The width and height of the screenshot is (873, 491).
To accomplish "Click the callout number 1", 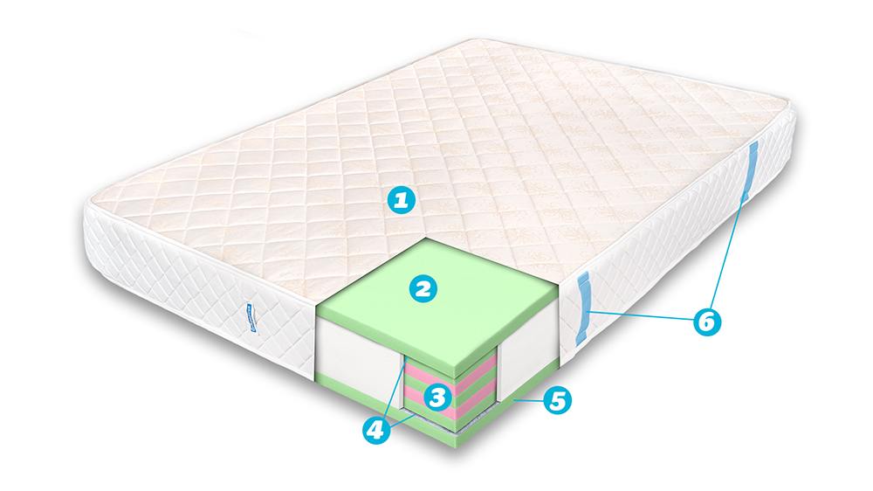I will [400, 201].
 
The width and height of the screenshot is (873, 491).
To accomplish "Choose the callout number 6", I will [707, 321].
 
